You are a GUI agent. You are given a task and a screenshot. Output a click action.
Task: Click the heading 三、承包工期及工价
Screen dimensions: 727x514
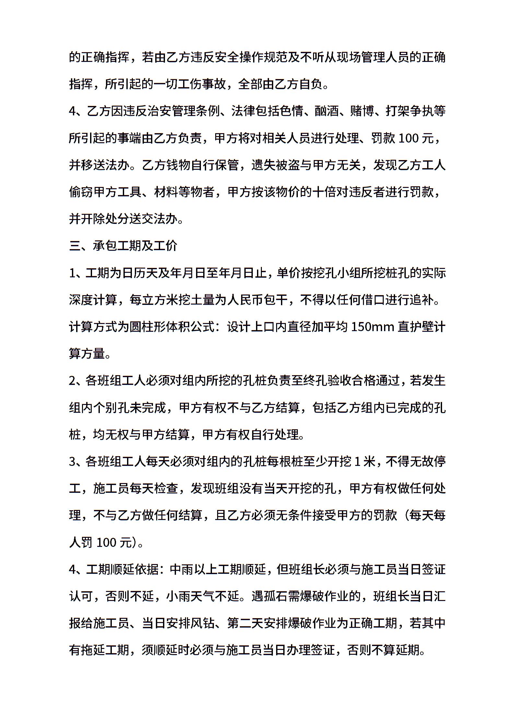pos(123,246)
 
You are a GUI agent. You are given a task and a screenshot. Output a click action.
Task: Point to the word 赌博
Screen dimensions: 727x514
pos(362,111)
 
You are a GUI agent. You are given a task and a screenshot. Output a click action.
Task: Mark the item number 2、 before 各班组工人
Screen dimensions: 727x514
pos(76,381)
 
